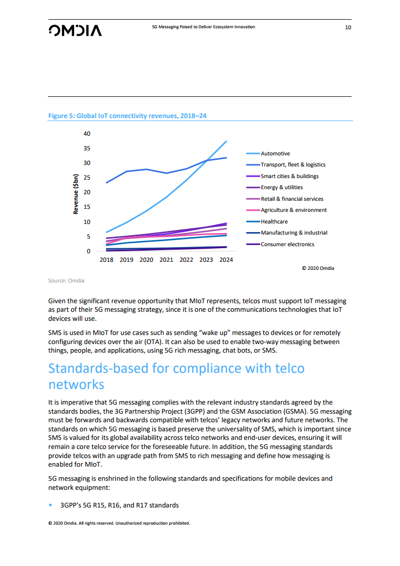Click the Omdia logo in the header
click(75, 30)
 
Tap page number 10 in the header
click(348, 27)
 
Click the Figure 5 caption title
click(127, 116)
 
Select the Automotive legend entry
click(275, 153)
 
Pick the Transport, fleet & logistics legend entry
click(293, 164)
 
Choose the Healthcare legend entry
click(274, 221)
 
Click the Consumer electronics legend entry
click(287, 244)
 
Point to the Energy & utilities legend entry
click(281, 187)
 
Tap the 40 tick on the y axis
click(87, 134)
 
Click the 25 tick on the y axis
click(87, 178)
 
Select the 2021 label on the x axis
click(166, 260)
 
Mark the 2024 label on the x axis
click(226, 260)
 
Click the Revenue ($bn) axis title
click(76, 194)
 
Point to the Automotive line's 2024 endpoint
click(226, 141)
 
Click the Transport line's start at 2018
click(106, 183)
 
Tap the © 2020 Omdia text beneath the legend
click(318, 268)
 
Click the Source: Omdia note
click(66, 280)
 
